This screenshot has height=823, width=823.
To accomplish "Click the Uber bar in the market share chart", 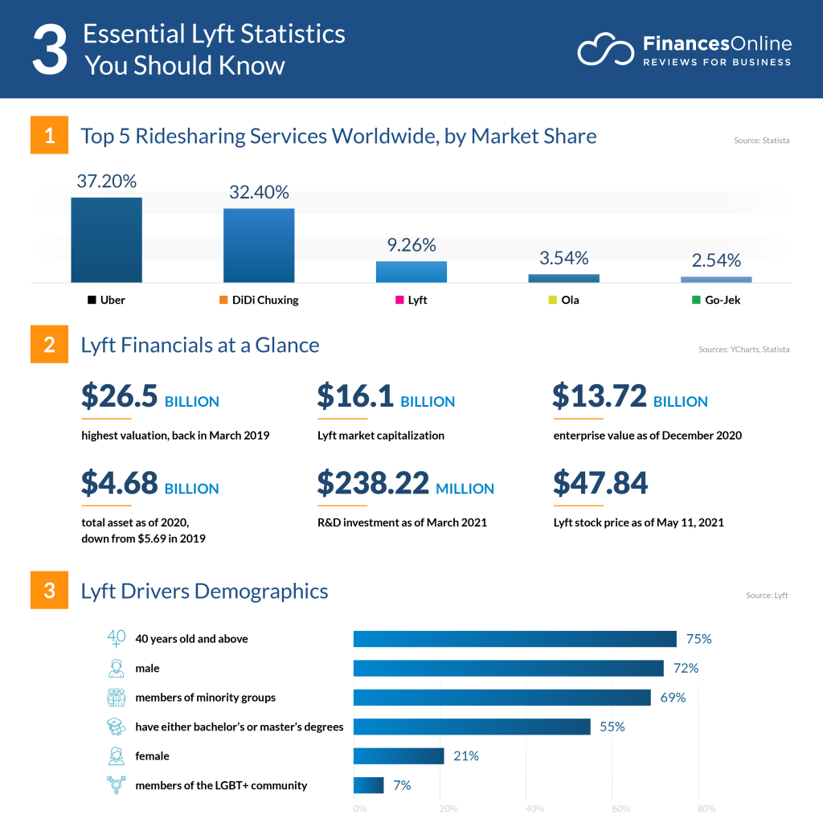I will click(106, 240).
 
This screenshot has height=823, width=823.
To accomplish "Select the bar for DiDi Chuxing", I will click(259, 245).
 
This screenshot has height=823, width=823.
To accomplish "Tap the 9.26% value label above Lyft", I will click(411, 244).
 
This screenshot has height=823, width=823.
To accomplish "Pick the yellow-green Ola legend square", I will click(552, 301).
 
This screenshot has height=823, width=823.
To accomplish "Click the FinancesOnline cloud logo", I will click(607, 49).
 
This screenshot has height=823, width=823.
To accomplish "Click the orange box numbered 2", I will click(49, 345).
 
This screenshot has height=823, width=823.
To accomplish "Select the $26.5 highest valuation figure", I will click(120, 396).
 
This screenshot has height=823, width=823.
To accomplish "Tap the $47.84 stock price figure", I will click(600, 483).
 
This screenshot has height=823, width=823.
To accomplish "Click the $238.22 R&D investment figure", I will click(374, 483).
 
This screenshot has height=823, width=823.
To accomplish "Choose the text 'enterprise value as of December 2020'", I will click(647, 436).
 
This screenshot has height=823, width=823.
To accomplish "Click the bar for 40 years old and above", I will click(514, 639).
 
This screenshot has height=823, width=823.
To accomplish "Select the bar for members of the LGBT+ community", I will click(368, 785).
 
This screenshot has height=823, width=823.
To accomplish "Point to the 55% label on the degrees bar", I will click(612, 727).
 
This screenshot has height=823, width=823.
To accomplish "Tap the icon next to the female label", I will click(117, 755).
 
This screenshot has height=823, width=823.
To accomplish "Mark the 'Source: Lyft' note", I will click(767, 596).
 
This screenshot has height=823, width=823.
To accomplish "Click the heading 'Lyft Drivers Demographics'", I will click(204, 592).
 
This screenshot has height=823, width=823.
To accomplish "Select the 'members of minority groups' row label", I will click(206, 698).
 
